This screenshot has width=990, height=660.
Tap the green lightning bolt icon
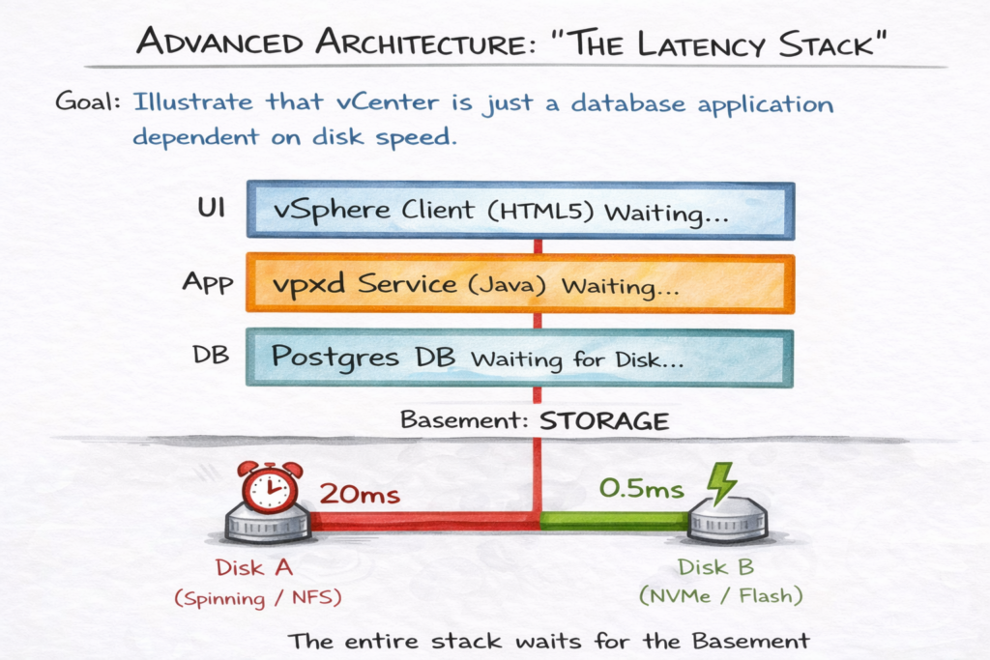coord(720,483)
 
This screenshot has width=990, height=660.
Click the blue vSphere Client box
coord(520,210)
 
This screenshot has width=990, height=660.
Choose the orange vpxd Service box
coord(520,283)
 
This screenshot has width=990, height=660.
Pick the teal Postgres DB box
coord(520,358)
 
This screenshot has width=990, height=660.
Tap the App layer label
coord(207,283)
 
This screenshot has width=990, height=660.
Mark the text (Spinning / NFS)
coord(259,598)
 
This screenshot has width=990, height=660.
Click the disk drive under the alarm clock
coord(268,525)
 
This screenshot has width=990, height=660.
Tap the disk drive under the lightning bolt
coord(728,525)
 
